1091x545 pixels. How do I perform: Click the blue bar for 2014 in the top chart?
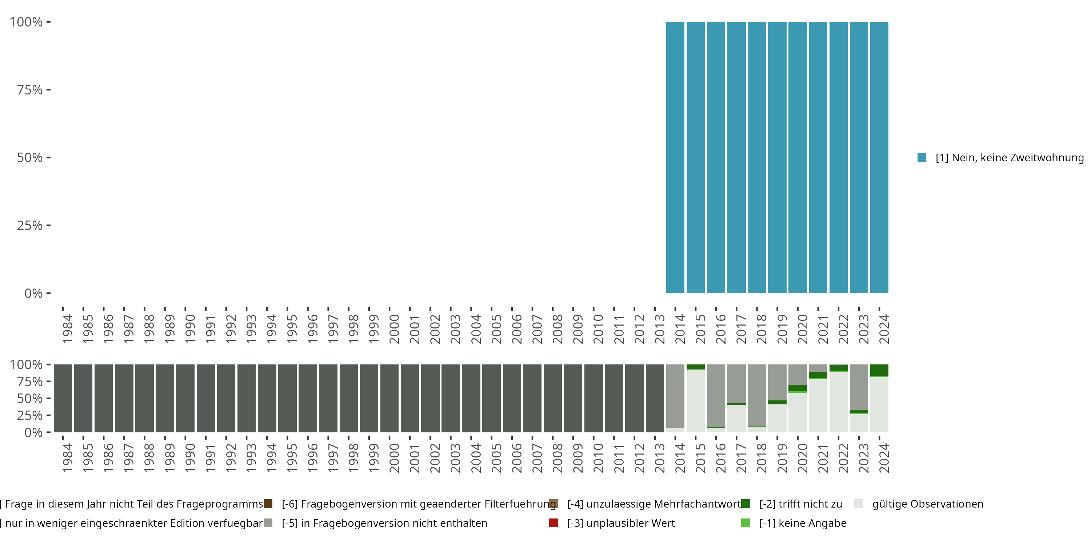pyautogui.click(x=675, y=157)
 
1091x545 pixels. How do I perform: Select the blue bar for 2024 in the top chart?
pyautogui.click(x=879, y=157)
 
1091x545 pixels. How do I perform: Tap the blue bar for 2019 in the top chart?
pyautogui.click(x=777, y=157)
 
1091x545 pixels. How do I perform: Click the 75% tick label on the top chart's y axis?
pyautogui.click(x=30, y=90)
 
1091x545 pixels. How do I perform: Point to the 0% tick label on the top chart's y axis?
pyautogui.click(x=33, y=293)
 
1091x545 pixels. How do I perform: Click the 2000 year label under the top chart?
pyautogui.click(x=394, y=329)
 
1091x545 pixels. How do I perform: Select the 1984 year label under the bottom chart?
pyautogui.click(x=67, y=458)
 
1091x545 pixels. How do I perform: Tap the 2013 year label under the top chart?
pyautogui.click(x=659, y=329)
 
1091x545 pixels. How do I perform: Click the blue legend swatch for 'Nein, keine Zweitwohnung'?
pyautogui.click(x=922, y=157)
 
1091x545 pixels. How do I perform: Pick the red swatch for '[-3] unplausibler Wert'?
pyautogui.click(x=553, y=523)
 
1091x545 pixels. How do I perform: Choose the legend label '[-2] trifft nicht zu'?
pyautogui.click(x=800, y=504)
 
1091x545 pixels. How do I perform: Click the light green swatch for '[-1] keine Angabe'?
pyautogui.click(x=746, y=523)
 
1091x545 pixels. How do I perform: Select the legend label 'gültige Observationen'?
pyautogui.click(x=927, y=504)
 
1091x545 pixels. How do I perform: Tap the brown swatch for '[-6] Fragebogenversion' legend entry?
pyautogui.click(x=268, y=504)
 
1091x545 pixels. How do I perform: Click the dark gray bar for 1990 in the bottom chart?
pyautogui.click(x=185, y=398)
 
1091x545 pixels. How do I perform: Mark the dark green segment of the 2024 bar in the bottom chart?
pyautogui.click(x=879, y=370)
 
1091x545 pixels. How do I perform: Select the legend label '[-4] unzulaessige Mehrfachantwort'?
pyautogui.click(x=654, y=504)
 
